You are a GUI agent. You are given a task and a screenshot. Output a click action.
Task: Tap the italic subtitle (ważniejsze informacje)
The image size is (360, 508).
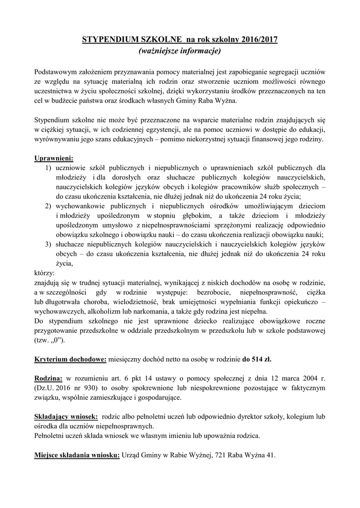pos(180,51)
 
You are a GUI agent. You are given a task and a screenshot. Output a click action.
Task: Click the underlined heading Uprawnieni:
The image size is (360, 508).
pos(54,158)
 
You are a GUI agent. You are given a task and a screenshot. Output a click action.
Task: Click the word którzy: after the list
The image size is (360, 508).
pos(45,273)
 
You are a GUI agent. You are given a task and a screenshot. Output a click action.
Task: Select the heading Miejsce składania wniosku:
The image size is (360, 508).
pos(77,455)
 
